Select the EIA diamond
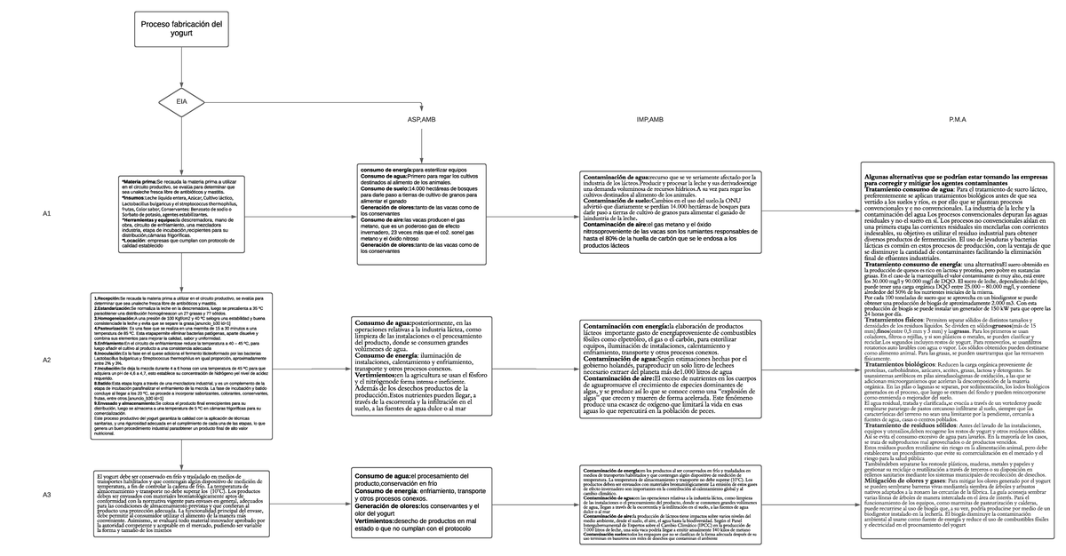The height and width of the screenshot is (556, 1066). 182,103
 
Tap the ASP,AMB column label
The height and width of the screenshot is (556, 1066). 422,119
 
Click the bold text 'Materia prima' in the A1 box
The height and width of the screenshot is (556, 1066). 138,180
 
